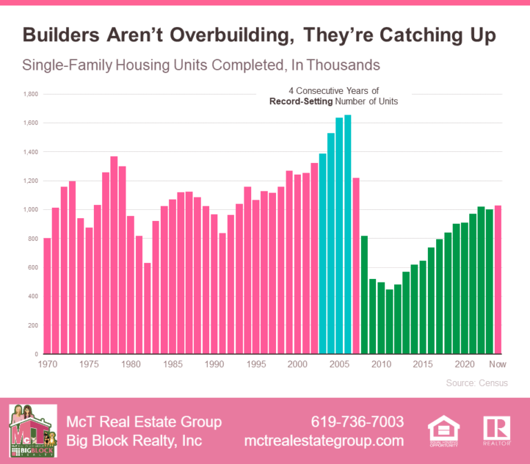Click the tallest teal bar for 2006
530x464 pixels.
(x=347, y=235)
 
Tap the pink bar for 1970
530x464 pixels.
(x=47, y=296)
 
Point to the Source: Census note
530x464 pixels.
(x=475, y=383)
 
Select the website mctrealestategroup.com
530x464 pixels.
(x=324, y=441)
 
